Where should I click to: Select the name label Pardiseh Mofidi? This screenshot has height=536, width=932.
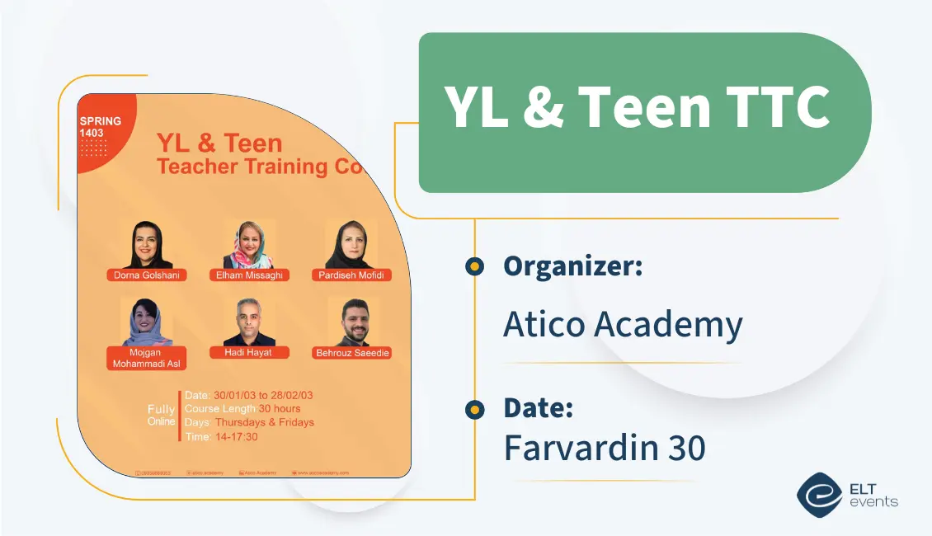[351, 275]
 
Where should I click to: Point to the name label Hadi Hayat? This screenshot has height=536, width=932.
[248, 352]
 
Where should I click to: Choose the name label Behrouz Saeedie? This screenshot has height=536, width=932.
[352, 353]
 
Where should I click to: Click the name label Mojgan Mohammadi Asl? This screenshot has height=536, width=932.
[147, 359]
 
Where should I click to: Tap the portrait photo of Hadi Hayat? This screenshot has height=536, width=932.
[248, 322]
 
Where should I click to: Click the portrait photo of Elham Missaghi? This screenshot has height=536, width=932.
[248, 245]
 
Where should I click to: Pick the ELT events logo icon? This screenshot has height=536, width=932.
[817, 494]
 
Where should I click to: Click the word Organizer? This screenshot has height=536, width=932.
[572, 266]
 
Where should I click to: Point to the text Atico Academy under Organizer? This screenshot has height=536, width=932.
[623, 325]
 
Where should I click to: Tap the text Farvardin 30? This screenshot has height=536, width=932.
[605, 448]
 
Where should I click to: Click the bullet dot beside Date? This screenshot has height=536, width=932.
[474, 409]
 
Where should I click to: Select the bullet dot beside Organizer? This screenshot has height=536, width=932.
[474, 266]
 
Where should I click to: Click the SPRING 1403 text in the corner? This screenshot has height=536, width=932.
[100, 127]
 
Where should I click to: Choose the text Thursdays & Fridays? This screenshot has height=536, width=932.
[264, 422]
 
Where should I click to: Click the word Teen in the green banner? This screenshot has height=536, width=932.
[643, 107]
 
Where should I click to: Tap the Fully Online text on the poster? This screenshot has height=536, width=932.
[161, 415]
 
